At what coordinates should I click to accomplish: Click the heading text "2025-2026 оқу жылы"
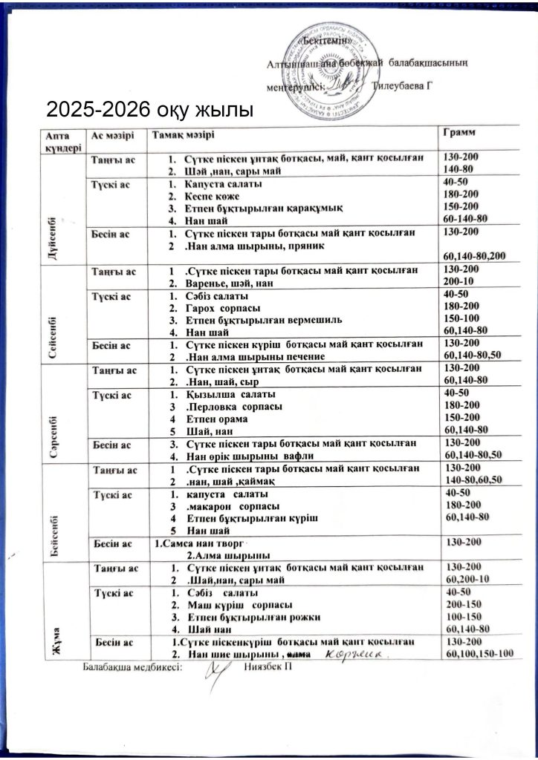[149, 111]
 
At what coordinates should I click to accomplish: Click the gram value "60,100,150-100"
[477, 653]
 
